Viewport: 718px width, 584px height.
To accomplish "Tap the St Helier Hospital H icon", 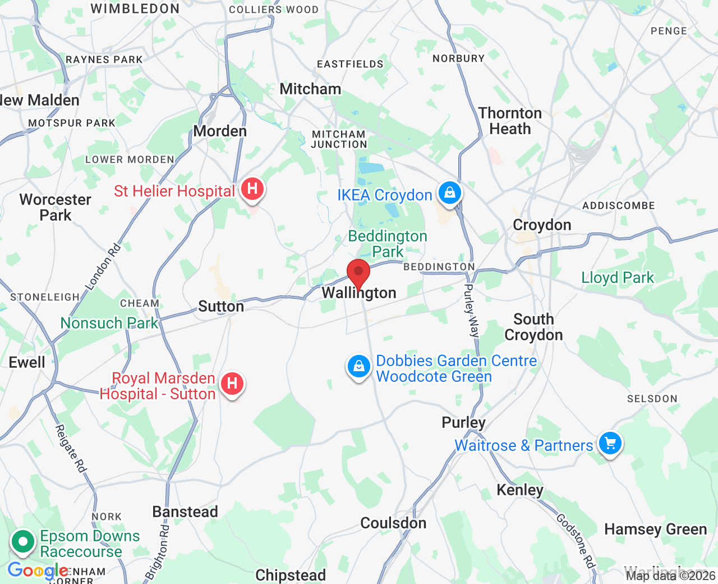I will (x=252, y=188).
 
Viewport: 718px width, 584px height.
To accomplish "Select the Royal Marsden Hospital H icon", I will (x=232, y=384).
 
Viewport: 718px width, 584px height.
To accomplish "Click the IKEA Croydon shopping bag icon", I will (x=449, y=193).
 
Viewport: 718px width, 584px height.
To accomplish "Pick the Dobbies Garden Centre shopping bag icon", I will (x=359, y=367).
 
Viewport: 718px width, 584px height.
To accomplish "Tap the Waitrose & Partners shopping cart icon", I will (x=610, y=443).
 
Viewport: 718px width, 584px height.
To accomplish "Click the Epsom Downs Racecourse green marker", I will (x=24, y=542).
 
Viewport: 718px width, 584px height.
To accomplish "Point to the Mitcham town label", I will (x=310, y=89).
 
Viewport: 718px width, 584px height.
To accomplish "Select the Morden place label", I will (x=220, y=131).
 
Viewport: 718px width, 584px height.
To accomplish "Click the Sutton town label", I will (x=221, y=307).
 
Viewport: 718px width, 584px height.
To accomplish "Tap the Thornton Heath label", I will (x=510, y=121).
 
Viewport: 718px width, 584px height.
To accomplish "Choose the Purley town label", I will (x=463, y=422).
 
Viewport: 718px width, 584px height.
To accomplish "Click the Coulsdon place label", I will (x=393, y=523).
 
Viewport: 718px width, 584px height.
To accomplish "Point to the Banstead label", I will (x=185, y=512).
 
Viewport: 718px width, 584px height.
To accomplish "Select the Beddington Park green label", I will (x=388, y=244).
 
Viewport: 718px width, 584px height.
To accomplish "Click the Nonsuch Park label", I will (x=109, y=323).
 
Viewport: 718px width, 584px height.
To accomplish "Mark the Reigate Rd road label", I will (x=71, y=448).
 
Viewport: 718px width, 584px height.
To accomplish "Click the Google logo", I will (x=38, y=571).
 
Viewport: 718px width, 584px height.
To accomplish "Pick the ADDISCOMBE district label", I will (x=618, y=206).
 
